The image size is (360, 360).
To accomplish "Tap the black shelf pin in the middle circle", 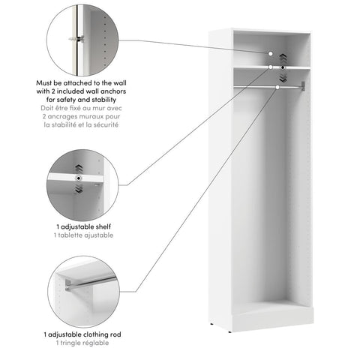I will (79, 178).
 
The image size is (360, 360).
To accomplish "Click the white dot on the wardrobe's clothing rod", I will (277, 88).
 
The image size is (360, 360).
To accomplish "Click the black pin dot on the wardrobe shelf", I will (283, 68).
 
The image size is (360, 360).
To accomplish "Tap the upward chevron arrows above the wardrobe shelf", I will (283, 57).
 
